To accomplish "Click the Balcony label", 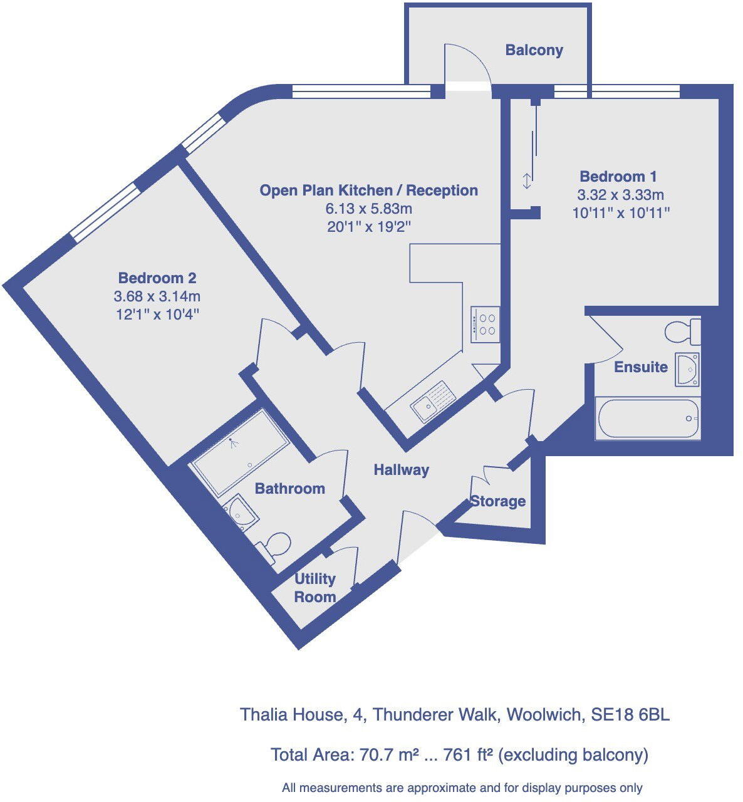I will pos(534,50).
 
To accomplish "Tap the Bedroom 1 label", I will pos(618,177).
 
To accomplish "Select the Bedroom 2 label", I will pos(157,278).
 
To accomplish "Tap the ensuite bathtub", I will pos(648,419).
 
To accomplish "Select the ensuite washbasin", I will pos(687,369).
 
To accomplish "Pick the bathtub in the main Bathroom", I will pos(241,451).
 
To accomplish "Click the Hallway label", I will pos(401,469).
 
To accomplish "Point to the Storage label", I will pos(498,501).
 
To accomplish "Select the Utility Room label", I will pos(315,588).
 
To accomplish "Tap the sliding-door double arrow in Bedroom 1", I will pos(527,181).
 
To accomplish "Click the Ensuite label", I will pos(640,367).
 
